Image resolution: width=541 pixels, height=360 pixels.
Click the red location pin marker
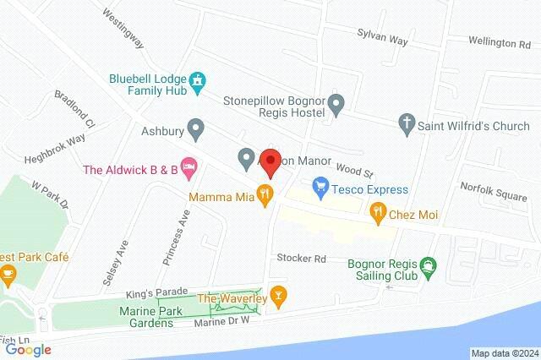point(270,161)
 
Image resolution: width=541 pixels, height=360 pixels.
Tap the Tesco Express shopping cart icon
point(320,183)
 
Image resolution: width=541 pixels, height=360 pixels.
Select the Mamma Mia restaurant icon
point(265,194)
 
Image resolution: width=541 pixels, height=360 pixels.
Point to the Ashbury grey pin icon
point(196,131)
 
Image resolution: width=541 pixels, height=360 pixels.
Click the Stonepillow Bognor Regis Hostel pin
point(336,106)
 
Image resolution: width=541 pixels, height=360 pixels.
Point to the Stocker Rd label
point(301,258)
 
